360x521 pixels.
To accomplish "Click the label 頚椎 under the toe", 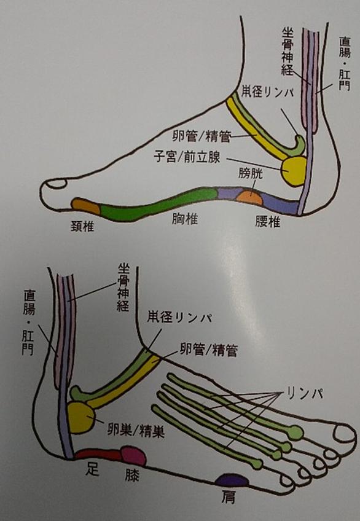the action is coord(82,227).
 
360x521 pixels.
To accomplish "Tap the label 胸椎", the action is coord(185,219).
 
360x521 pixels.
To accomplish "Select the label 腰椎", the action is coord(268,221).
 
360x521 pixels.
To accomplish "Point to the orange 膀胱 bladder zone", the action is coord(249,197).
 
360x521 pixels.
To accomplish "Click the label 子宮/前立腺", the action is coord(187,157).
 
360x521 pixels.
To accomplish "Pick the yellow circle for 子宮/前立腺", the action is coord(293,171).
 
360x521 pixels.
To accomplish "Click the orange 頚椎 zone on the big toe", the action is coord(85,206).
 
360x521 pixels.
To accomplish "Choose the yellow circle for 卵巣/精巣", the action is coord(80,417).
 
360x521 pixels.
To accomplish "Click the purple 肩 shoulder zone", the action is coord(232,480).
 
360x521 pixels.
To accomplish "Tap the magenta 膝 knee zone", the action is coord(133,455).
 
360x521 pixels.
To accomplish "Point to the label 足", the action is coord(92,469).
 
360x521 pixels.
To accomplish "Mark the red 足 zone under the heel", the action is coord(98,454).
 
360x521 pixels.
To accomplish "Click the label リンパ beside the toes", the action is coord(305,393).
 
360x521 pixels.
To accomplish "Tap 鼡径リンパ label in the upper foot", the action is coord(268,92).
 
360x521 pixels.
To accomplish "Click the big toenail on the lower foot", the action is coord(345,434).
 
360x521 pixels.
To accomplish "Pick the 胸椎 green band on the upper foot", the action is coord(159,205).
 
